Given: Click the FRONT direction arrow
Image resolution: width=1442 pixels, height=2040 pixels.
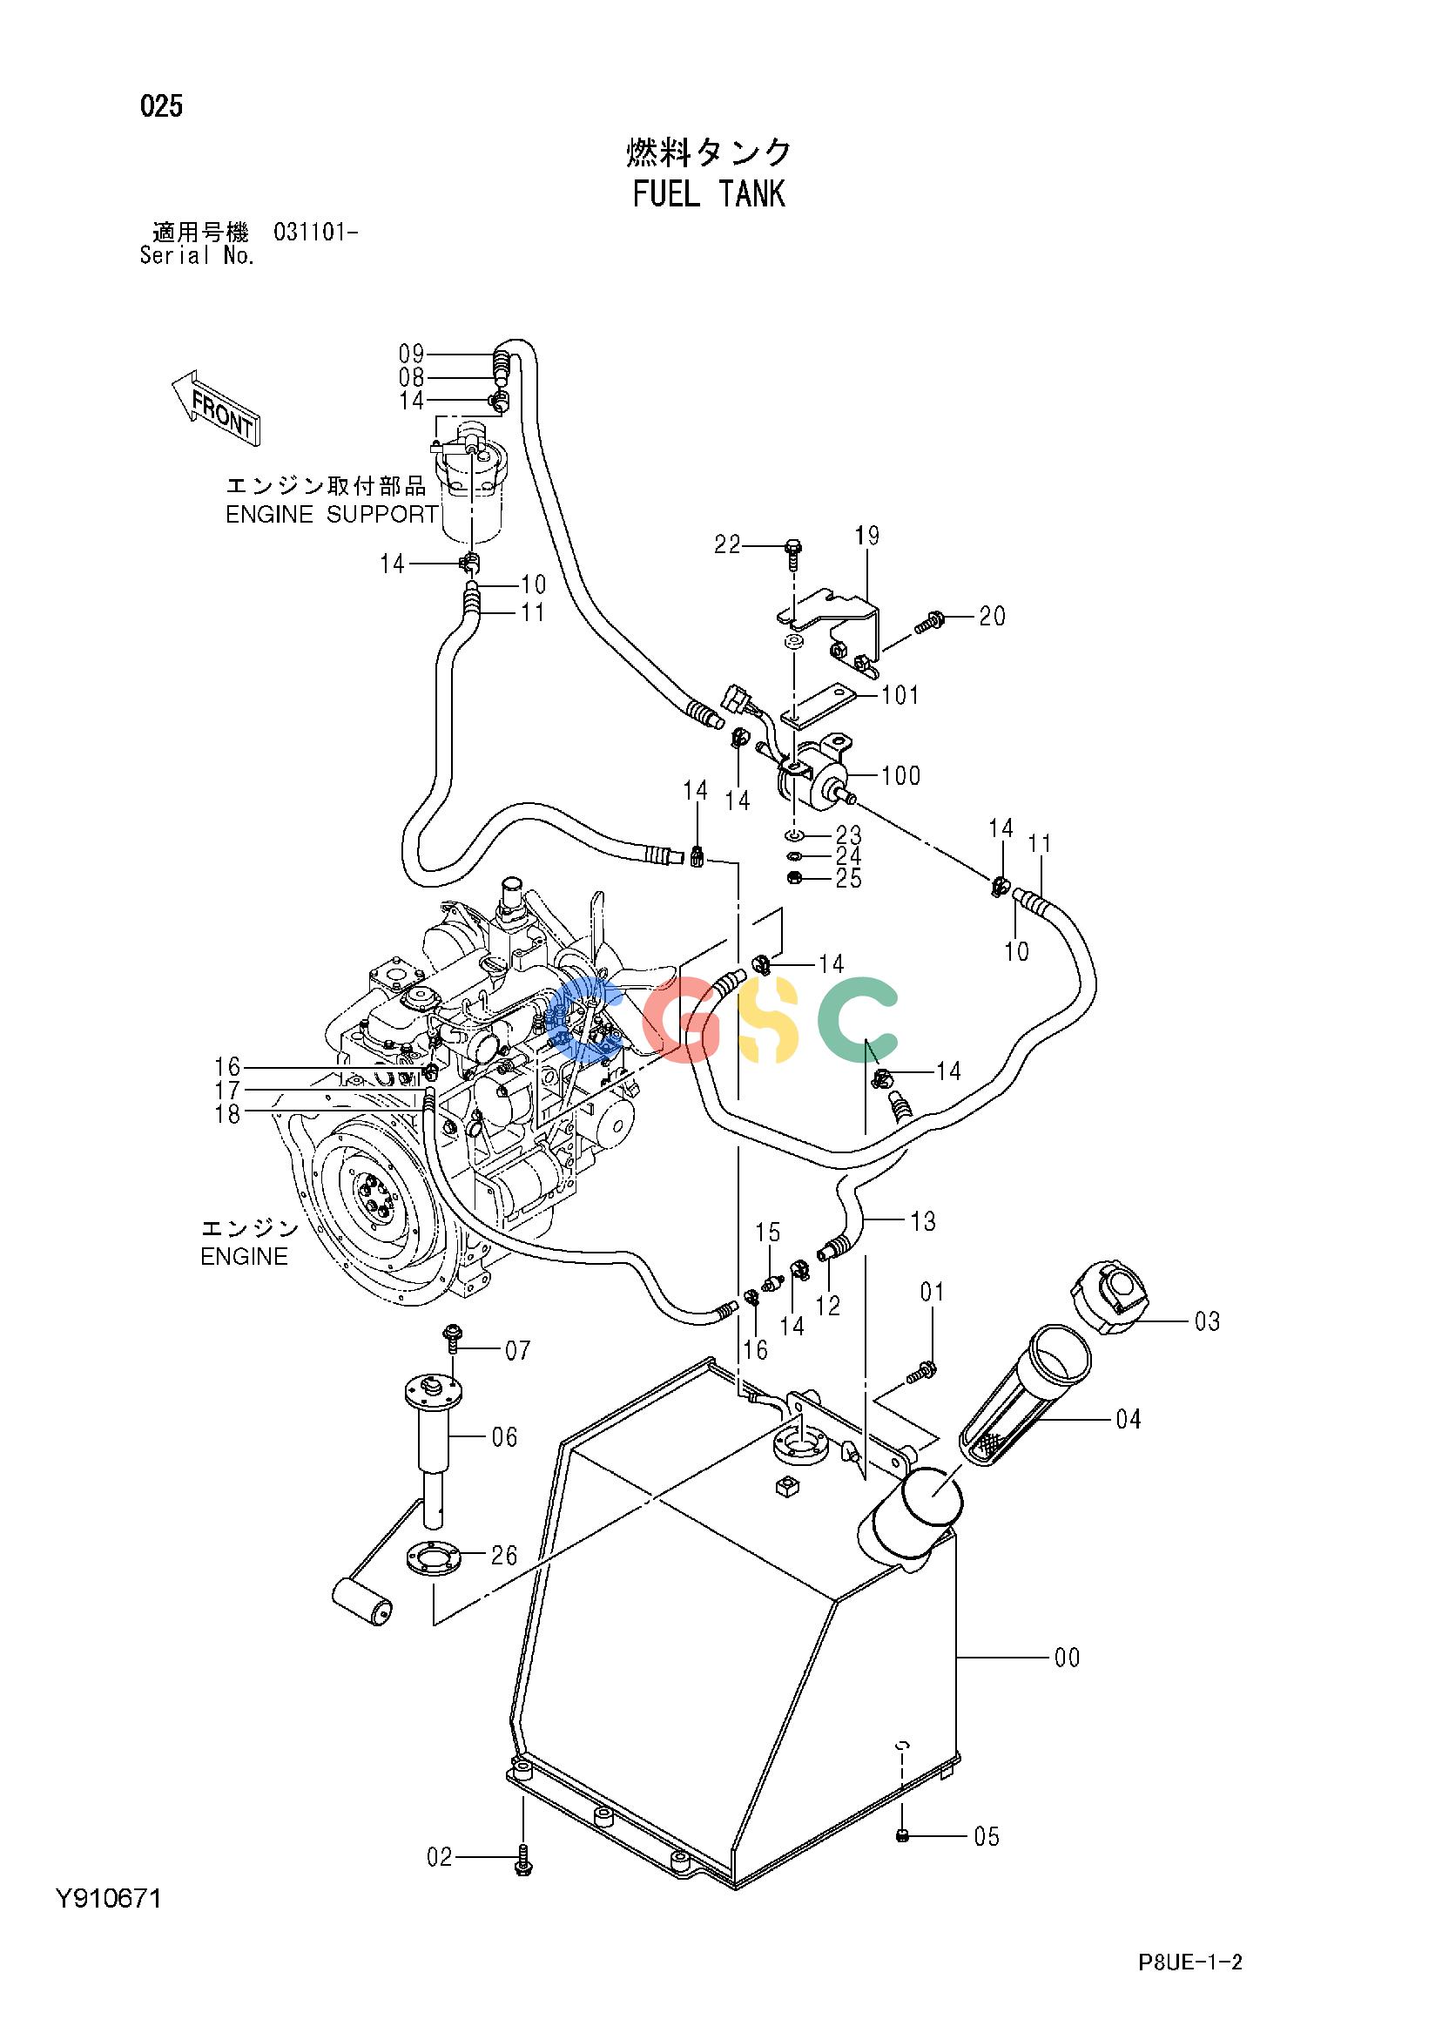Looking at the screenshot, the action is coord(215,409).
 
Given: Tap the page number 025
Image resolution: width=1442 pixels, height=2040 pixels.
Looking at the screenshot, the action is coord(161,107).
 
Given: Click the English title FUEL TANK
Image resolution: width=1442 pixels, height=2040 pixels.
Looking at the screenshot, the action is coord(708,193).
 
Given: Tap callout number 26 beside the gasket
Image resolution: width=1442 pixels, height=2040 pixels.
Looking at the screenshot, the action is coord(504,1580).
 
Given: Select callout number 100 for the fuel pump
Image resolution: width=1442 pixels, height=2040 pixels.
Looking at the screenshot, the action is coord(901,775).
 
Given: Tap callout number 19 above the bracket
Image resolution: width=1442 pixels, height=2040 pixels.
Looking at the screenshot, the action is coord(867,536).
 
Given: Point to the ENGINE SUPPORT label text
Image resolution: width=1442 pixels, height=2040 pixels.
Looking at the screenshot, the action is coord(332,515).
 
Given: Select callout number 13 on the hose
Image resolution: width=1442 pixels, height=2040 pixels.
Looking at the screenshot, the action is coord(923,1222).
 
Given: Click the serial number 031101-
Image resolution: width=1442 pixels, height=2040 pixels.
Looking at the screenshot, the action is coord(316,233).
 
